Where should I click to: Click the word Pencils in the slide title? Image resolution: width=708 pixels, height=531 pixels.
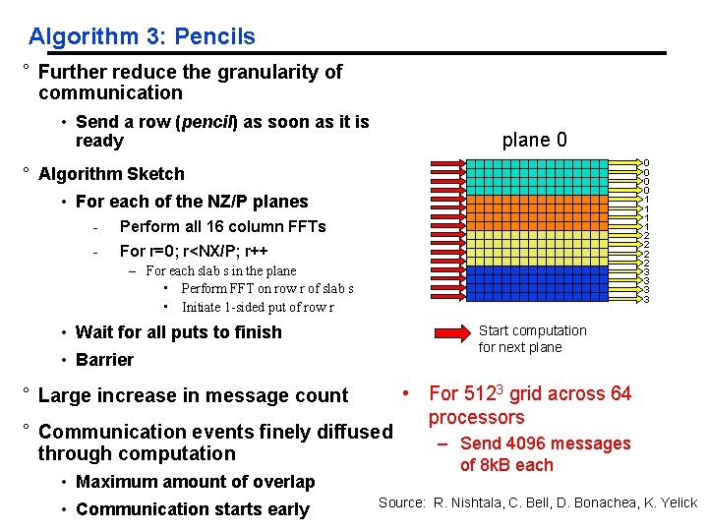pos(214,37)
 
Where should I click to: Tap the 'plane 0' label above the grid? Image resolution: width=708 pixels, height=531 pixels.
pos(534,140)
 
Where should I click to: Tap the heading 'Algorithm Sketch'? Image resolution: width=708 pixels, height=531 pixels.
pos(111,174)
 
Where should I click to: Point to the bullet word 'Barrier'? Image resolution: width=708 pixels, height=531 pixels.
pos(104,360)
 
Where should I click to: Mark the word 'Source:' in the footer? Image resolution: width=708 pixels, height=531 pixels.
pos(401,502)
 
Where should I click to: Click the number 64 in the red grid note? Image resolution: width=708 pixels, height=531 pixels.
pos(620,394)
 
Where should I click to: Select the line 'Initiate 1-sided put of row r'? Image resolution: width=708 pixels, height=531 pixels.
pos(258,307)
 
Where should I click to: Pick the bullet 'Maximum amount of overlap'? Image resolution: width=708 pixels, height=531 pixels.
pos(195,482)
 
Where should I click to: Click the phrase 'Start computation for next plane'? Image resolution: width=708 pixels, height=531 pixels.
pos(532,338)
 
